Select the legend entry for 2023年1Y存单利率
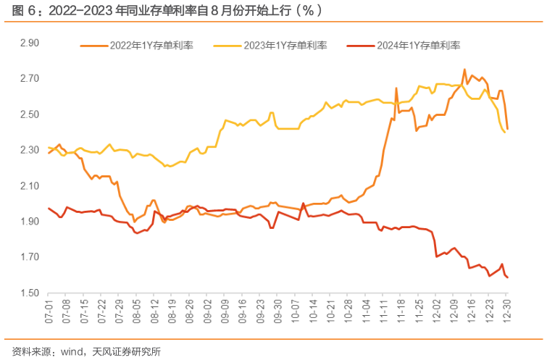(285, 45)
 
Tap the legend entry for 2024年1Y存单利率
(418, 45)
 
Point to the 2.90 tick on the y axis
(29, 43)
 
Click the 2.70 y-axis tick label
(29, 78)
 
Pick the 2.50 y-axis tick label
(29, 114)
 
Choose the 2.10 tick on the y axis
(29, 185)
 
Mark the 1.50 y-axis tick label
(29, 293)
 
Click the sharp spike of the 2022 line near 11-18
(396, 88)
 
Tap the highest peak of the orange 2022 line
(464, 70)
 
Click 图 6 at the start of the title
(14, 10)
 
